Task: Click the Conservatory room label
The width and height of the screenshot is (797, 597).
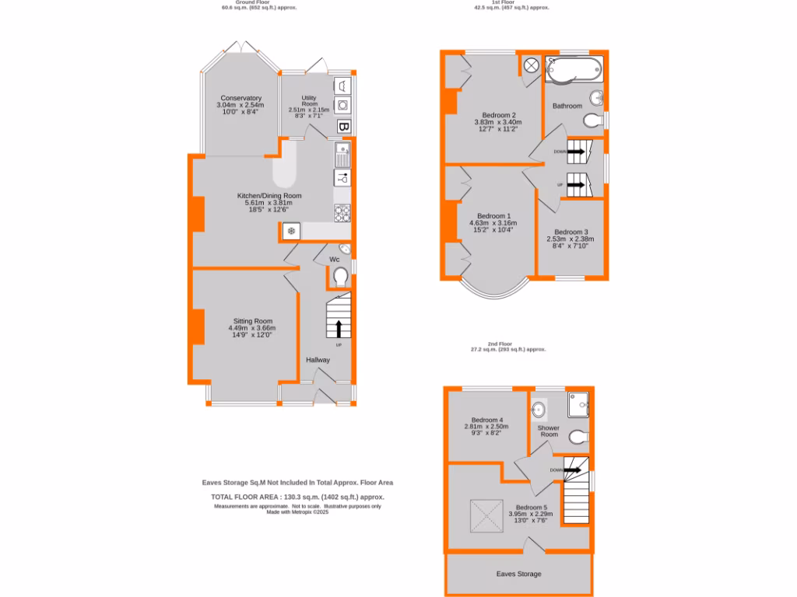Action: pyautogui.click(x=241, y=98)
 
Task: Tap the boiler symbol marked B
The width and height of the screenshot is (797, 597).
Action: pyautogui.click(x=343, y=127)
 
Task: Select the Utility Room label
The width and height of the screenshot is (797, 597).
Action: pyautogui.click(x=309, y=100)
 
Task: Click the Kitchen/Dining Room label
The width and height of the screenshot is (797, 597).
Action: pyautogui.click(x=269, y=196)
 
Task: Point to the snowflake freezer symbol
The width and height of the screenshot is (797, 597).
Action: pyautogui.click(x=290, y=231)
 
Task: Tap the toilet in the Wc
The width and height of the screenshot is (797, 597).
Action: pyautogui.click(x=339, y=277)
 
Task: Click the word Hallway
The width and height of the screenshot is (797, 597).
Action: pyautogui.click(x=318, y=360)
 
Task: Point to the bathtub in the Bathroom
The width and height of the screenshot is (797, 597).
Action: pyautogui.click(x=574, y=70)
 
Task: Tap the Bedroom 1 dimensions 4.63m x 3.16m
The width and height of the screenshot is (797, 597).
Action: pyautogui.click(x=493, y=223)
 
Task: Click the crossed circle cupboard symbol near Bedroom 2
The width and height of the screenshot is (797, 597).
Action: pyautogui.click(x=530, y=66)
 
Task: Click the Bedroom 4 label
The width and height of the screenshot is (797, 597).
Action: pyautogui.click(x=487, y=420)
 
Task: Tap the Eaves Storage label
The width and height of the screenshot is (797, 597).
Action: pyautogui.click(x=519, y=574)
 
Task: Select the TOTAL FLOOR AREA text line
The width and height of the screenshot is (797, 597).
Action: pyautogui.click(x=297, y=497)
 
